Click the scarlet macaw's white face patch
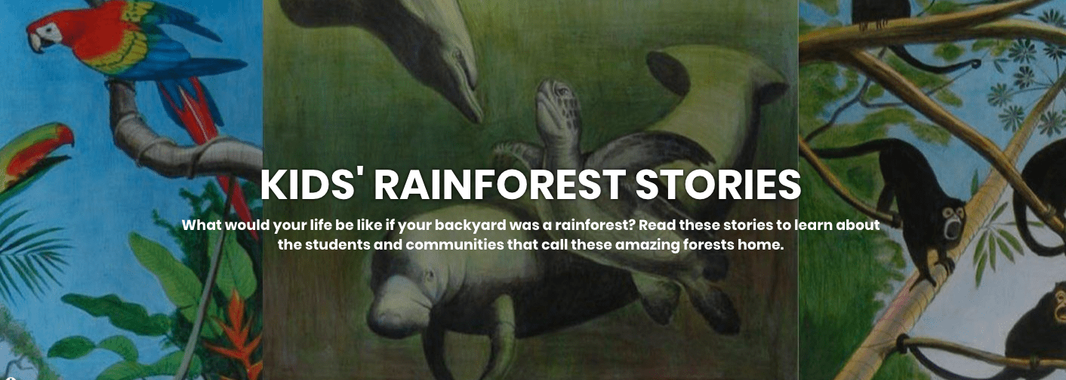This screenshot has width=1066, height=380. [51, 32]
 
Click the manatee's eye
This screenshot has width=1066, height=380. [430, 274]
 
